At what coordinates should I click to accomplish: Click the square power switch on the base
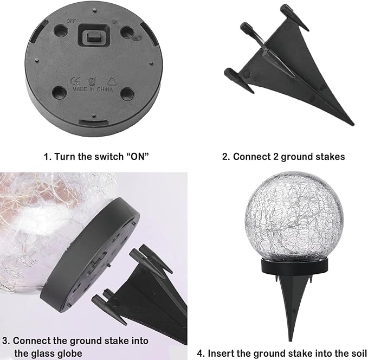click(x=94, y=36)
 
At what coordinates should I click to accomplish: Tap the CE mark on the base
click(x=75, y=81)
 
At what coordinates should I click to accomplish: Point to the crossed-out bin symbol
click(x=92, y=81)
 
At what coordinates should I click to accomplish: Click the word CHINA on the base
click(x=105, y=89)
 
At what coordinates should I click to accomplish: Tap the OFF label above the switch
click(x=72, y=21)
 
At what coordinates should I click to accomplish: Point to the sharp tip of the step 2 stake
click(x=353, y=125)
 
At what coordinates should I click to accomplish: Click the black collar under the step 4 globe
click(x=294, y=267)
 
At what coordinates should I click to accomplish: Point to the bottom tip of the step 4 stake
click(x=291, y=340)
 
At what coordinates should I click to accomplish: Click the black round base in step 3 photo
click(x=91, y=255)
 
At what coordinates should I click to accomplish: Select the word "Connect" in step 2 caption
click(x=251, y=157)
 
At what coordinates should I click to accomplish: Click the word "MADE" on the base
click(x=80, y=89)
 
